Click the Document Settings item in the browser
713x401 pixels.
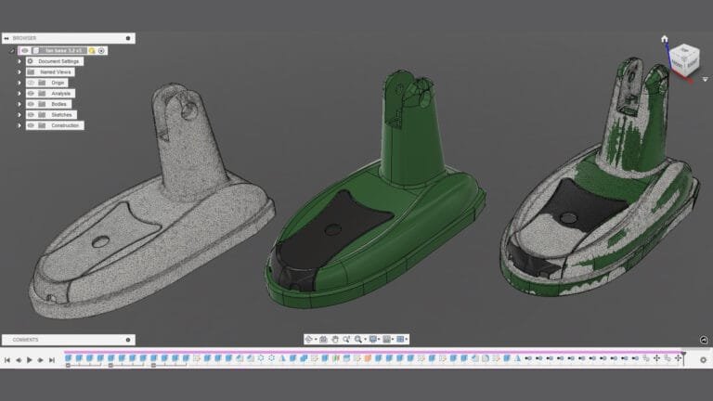[60, 61]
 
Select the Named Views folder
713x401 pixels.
[56, 71]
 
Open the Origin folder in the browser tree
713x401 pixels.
[58, 83]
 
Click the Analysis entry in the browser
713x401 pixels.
[60, 94]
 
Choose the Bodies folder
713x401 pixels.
[58, 104]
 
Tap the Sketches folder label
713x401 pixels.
[60, 115]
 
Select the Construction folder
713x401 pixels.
[65, 125]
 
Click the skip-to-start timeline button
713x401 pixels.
[7, 359]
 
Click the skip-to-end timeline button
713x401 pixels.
[52, 359]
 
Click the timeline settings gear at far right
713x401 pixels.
[703, 359]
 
